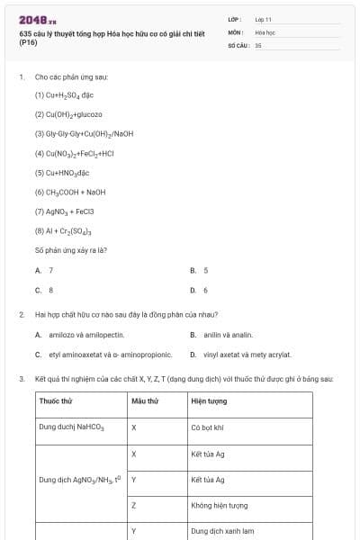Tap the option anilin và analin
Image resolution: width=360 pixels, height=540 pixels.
[x=221, y=335]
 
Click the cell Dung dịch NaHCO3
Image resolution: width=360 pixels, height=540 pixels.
[x=72, y=427]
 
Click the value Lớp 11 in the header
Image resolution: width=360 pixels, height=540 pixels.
[x=263, y=19]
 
